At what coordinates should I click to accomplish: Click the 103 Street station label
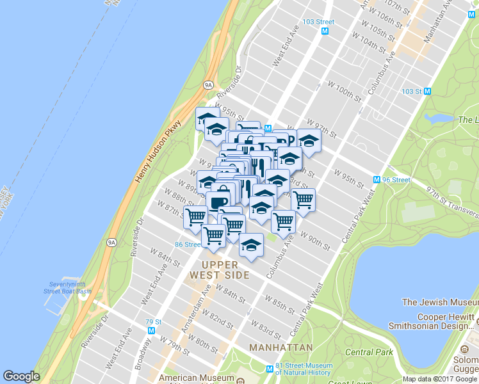click(x=319, y=21)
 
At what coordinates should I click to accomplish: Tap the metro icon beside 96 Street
click(x=377, y=180)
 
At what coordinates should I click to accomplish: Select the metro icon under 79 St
click(x=151, y=330)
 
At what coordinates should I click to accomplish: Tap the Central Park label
click(x=368, y=352)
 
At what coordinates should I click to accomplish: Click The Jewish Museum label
click(x=440, y=302)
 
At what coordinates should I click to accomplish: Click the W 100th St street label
click(x=345, y=90)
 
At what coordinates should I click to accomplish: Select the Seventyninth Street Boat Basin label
click(x=70, y=288)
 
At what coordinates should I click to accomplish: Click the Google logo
click(x=21, y=377)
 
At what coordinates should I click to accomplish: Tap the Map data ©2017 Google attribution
click(x=440, y=379)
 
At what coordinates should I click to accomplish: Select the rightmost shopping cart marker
click(x=303, y=200)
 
